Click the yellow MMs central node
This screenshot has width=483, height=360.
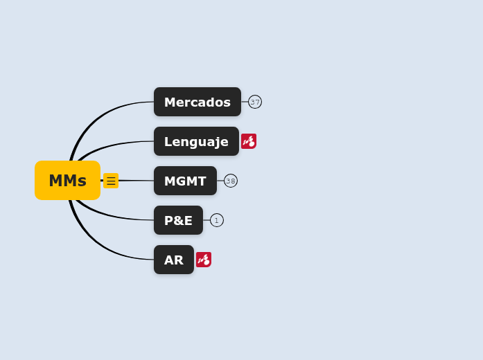(67, 181)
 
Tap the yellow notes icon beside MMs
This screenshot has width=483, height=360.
(111, 181)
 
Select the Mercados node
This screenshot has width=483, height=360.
(197, 102)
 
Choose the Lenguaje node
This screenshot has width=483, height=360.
(196, 141)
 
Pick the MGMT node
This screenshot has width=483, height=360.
(185, 181)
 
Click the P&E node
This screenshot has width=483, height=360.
(178, 220)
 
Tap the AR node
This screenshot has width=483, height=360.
(173, 260)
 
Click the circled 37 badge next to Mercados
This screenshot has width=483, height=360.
(255, 102)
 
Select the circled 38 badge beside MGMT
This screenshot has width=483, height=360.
(231, 181)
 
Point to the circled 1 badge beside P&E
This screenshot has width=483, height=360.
(217, 220)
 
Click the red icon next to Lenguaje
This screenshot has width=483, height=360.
(249, 141)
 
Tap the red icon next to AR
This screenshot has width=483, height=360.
(204, 260)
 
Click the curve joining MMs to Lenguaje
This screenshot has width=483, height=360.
(111, 145)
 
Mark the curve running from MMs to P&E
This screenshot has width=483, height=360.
(111, 215)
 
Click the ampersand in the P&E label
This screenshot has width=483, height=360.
(178, 220)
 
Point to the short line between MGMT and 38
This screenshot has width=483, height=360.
(220, 181)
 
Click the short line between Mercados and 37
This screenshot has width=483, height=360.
(245, 102)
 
